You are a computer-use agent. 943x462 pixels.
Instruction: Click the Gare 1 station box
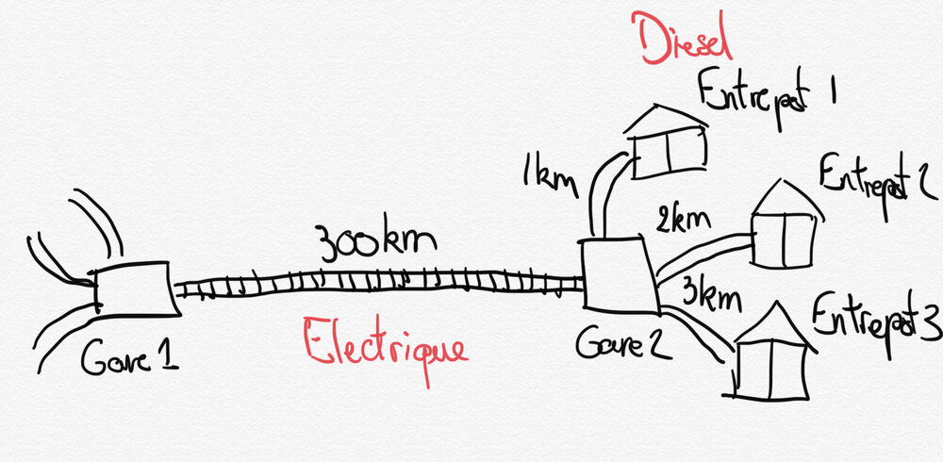(x=133, y=289)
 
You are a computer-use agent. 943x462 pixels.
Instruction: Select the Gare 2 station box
(x=618, y=274)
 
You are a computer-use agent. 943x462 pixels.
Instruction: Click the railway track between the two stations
(x=377, y=280)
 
